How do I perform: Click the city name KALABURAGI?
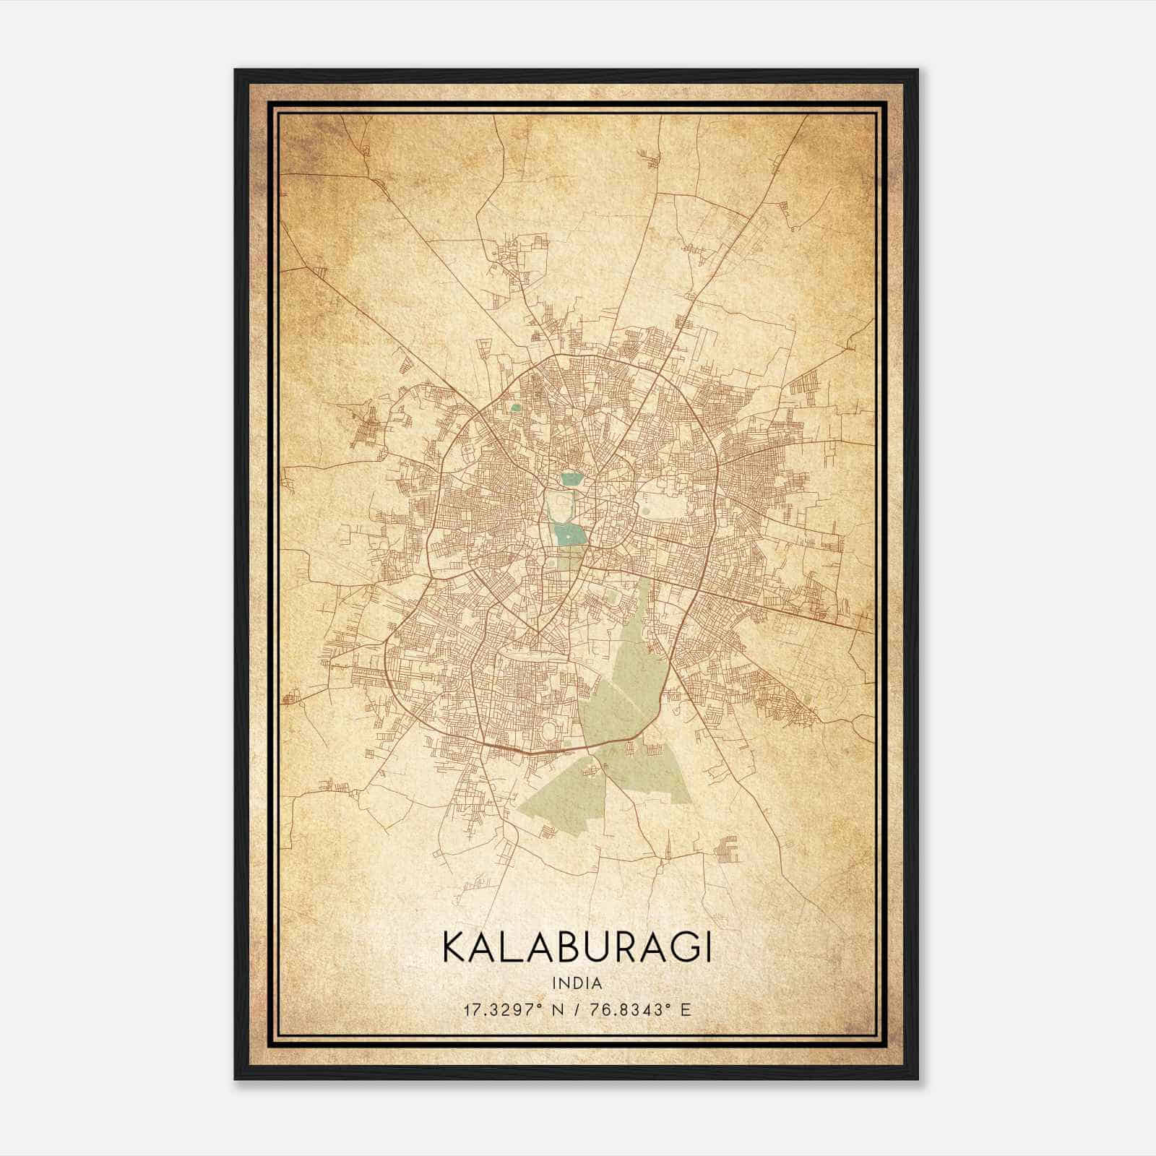tap(577, 947)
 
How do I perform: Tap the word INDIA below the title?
tap(577, 983)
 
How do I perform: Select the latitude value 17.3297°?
tap(502, 1009)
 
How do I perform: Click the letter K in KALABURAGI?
tap(454, 947)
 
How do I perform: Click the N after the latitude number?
tap(556, 1009)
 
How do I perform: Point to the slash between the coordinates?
tap(576, 1009)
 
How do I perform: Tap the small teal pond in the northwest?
tap(514, 407)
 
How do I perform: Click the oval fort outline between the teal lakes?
tap(558, 506)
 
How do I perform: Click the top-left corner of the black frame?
tap(236, 71)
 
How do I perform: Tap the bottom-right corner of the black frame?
tap(917, 1078)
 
